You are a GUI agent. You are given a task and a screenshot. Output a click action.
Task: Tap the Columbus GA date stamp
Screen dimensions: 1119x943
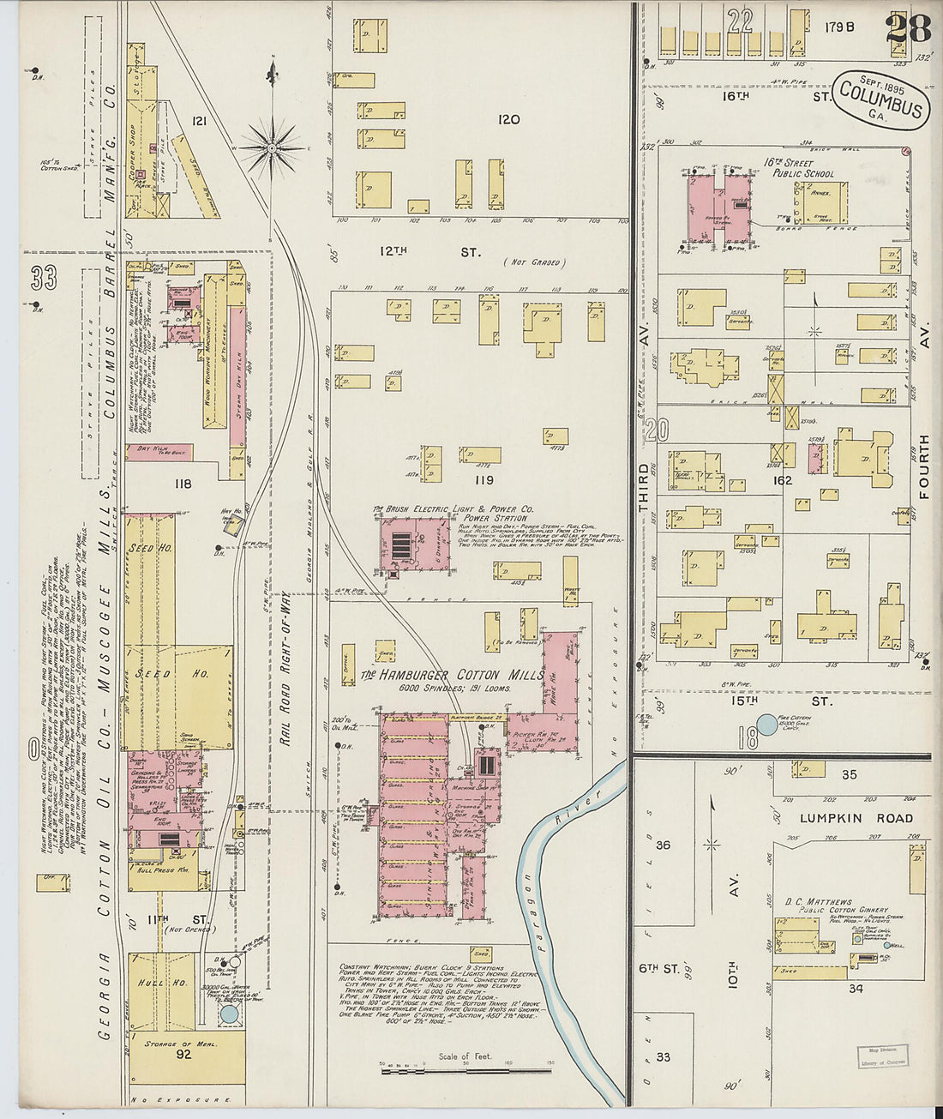[x=880, y=99]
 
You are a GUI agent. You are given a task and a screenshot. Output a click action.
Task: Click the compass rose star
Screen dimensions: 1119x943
[x=272, y=148]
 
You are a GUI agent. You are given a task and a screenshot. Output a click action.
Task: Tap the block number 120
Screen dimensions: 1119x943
[x=509, y=119]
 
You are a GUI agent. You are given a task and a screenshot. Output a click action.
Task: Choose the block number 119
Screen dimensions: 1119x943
[x=484, y=480]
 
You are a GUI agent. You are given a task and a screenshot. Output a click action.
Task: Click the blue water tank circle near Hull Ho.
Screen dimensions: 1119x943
[x=229, y=1014]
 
